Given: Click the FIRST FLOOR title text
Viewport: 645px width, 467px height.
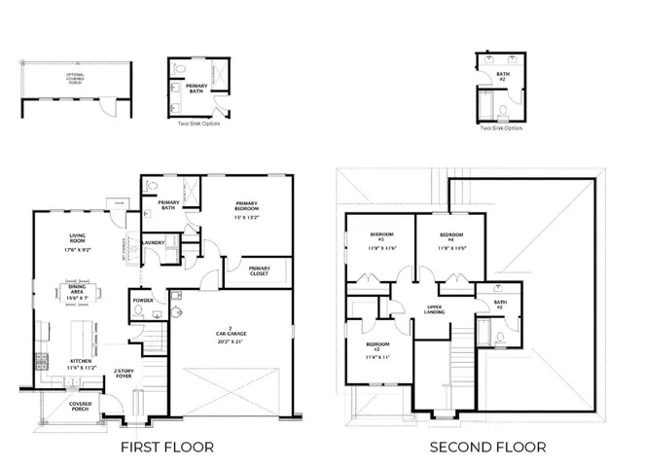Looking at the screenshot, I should tap(166, 447).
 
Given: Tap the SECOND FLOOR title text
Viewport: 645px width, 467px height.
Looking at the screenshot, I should tap(478, 447).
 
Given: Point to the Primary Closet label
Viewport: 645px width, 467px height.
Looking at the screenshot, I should tap(259, 271).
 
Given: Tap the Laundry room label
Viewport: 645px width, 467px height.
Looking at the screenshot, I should tap(152, 243).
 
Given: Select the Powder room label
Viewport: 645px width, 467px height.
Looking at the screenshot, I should tap(142, 301).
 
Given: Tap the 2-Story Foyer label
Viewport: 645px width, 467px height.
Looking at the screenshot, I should tap(124, 373).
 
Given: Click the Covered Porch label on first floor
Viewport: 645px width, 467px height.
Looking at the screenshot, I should tap(81, 406).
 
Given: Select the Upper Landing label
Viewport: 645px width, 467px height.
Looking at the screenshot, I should tap(435, 310).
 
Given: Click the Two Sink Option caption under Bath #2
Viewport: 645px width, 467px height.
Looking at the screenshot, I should tap(501, 127).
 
